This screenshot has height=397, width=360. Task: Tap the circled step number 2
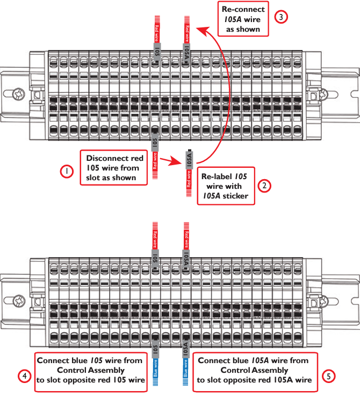(x=264, y=186)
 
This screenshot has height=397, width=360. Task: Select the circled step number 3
(x=281, y=17)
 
